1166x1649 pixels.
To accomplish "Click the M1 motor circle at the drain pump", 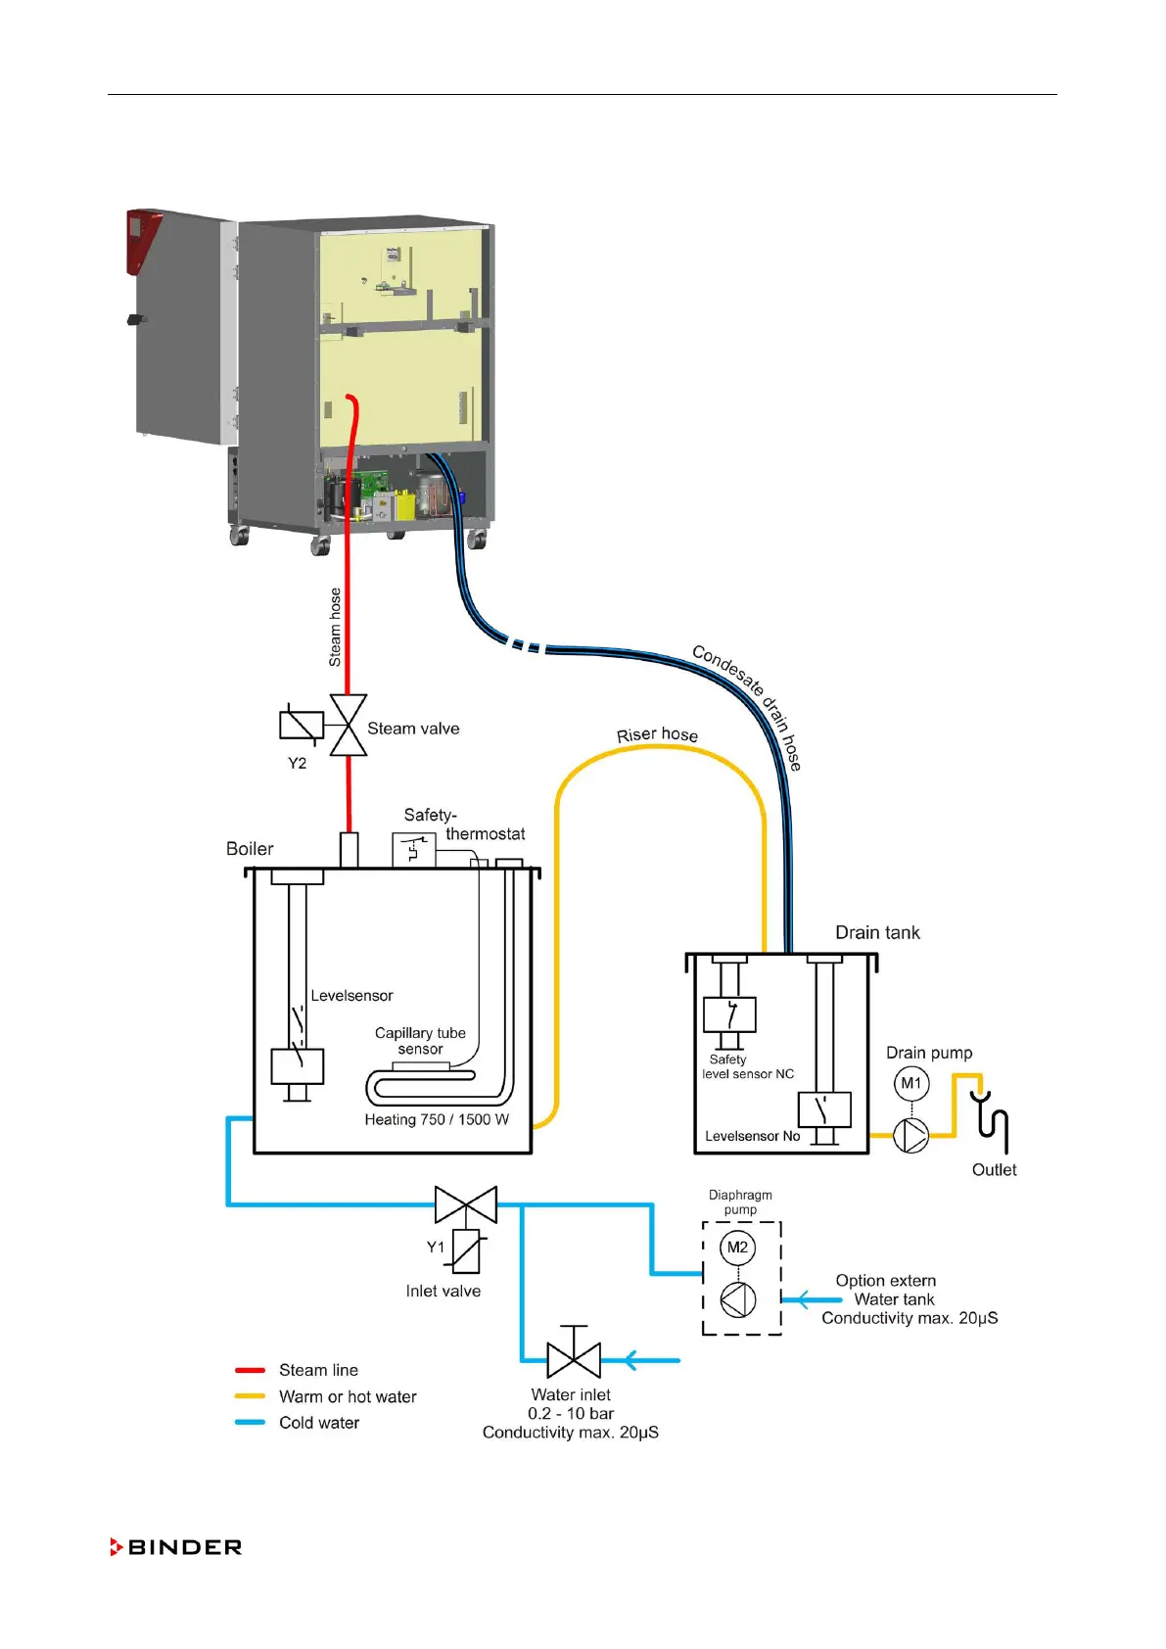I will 910,1083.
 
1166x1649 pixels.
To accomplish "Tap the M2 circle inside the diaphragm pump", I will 737,1247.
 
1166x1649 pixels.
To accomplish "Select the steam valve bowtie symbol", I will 349,726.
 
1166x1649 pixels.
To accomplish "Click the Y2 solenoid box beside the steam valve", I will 301,725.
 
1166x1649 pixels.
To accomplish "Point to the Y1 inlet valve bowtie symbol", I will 466,1204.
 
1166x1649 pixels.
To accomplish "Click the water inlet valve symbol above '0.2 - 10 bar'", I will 574,1360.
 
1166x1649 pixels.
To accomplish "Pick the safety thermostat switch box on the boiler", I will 414,849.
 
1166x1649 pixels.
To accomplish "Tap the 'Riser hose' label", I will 657,734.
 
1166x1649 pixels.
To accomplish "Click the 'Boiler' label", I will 250,849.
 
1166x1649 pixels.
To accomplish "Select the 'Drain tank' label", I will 877,932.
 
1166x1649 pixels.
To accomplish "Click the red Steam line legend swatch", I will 251,1370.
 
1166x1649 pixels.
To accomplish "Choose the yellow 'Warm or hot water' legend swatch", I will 251,1396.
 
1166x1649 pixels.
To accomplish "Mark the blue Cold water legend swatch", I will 251,1423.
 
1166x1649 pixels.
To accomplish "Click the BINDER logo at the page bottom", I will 176,1547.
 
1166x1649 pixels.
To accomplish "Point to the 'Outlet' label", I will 994,1169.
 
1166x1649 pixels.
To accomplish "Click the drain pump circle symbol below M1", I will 910,1136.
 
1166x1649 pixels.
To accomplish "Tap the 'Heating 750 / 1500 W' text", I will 437,1119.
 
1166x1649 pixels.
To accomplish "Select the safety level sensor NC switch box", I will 729,1014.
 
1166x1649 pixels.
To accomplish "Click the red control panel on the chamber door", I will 143,238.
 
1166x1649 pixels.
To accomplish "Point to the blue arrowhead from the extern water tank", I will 803,1300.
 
